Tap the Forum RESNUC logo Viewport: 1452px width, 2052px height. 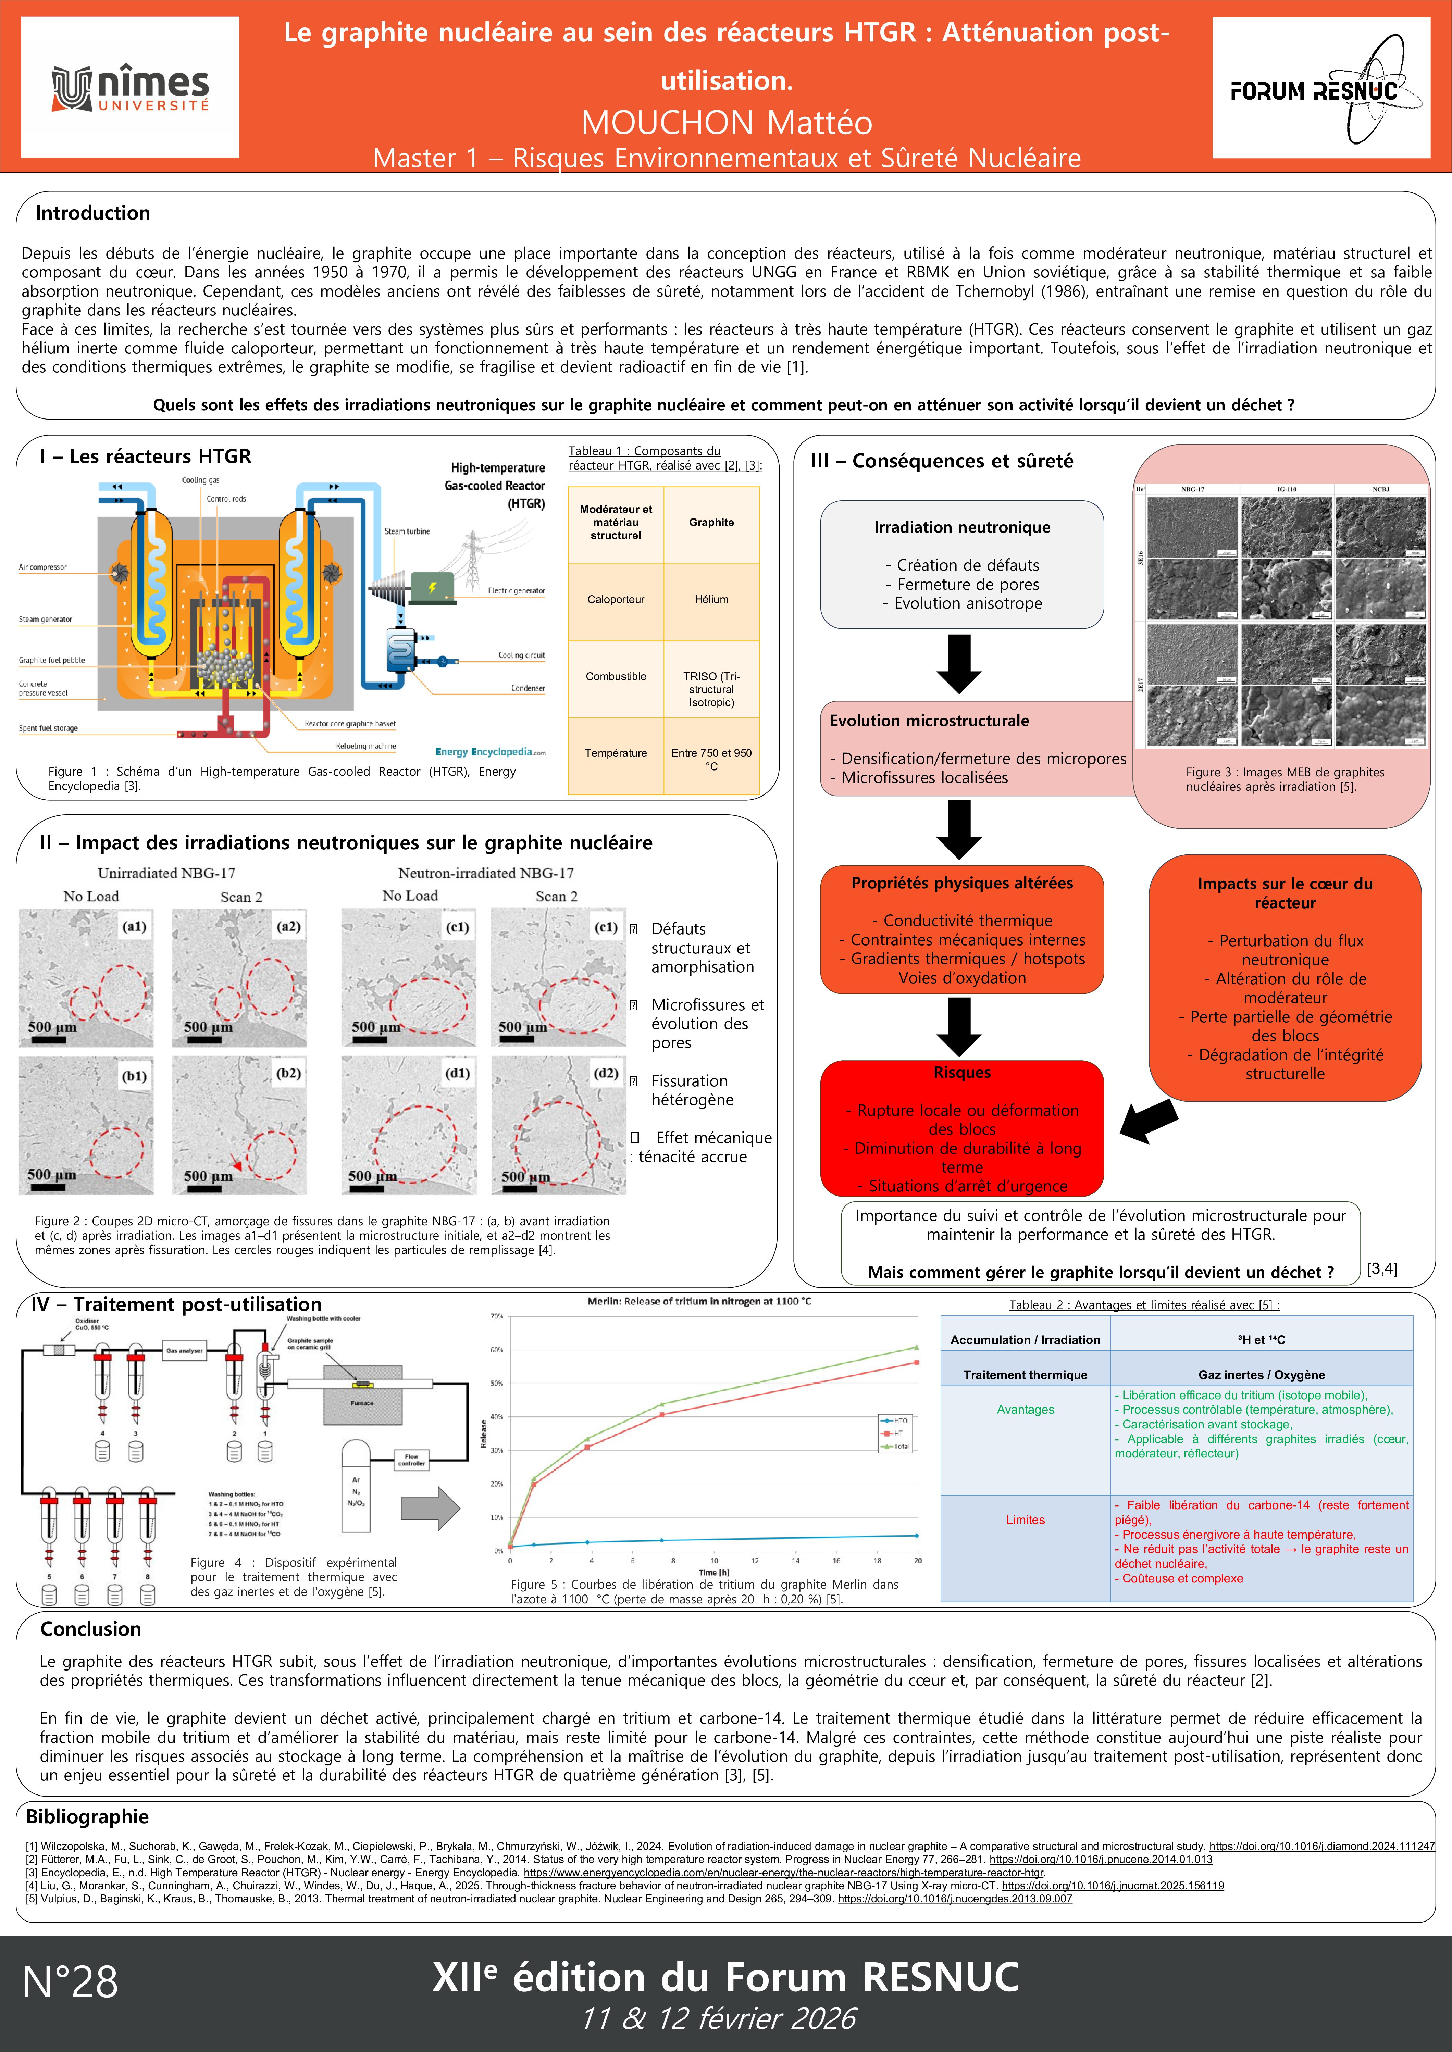pos(1320,88)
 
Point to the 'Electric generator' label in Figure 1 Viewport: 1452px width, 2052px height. pos(516,591)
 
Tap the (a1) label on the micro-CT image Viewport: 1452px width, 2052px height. pos(134,927)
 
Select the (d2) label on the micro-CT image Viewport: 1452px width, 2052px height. pos(605,1073)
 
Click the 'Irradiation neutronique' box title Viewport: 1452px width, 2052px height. pos(962,527)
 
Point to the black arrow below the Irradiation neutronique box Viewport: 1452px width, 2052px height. pos(959,663)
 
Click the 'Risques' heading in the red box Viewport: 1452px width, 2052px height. pos(962,1073)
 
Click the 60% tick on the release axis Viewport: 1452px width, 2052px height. pos(497,1350)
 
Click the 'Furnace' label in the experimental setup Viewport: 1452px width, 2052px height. pos(362,1403)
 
